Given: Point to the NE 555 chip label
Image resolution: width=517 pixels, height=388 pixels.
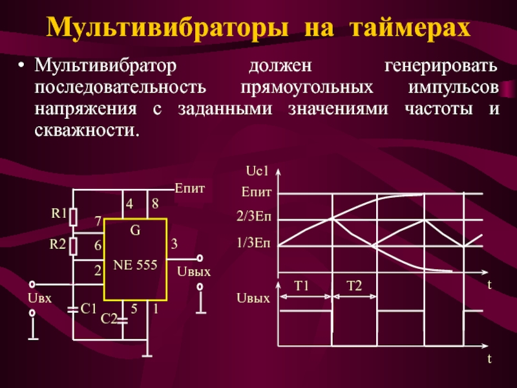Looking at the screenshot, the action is (135, 265).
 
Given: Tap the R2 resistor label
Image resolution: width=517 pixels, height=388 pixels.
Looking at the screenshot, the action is (59, 244).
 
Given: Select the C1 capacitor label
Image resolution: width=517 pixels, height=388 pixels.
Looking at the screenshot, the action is (89, 308).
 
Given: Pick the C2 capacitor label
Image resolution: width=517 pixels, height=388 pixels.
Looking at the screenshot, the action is (109, 318).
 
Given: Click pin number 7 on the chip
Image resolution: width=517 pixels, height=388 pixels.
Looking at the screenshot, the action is (98, 222).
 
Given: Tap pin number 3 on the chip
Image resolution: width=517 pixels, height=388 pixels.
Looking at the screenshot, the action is (174, 244).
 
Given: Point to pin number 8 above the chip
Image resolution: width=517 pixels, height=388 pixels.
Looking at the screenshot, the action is (155, 204).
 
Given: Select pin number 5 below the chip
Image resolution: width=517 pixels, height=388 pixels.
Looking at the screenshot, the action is (134, 309).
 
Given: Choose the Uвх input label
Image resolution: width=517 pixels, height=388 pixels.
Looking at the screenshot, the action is (40, 297).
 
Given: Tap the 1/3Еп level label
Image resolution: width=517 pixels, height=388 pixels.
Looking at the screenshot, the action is (256, 244).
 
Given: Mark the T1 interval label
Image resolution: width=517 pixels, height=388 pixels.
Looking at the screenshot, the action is (302, 286).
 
